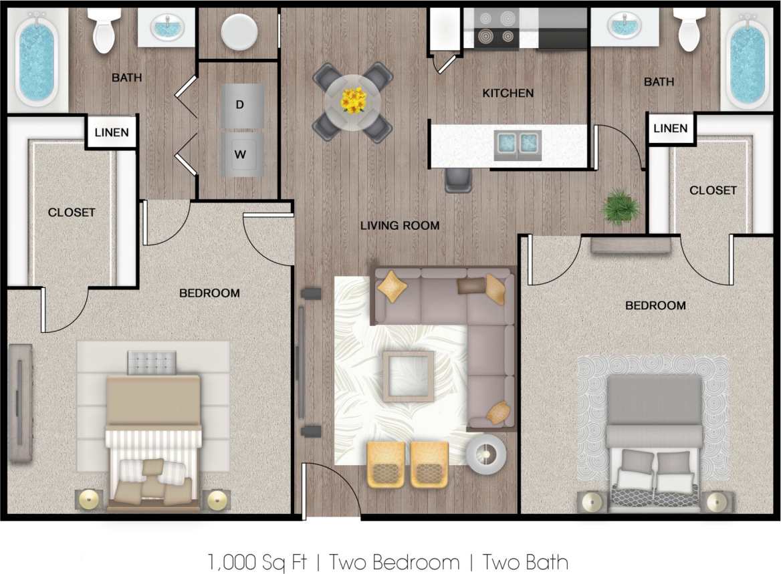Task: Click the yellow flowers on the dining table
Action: coord(353,100)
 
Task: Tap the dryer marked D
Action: coord(239,104)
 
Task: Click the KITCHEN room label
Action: coord(508,94)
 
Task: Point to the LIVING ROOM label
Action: coord(400,226)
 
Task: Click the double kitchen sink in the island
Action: coord(518,142)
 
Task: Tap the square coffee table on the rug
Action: coord(408,375)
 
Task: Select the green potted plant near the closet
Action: coord(621,207)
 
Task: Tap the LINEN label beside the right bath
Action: coord(671,128)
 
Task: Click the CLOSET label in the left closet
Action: coord(72,212)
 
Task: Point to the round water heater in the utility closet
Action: coord(239,31)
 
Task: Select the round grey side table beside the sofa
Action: coord(487,454)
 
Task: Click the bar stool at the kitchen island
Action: coord(458,179)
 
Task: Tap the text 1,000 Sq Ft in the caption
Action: coord(240,562)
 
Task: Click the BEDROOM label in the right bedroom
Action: coord(655,306)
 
